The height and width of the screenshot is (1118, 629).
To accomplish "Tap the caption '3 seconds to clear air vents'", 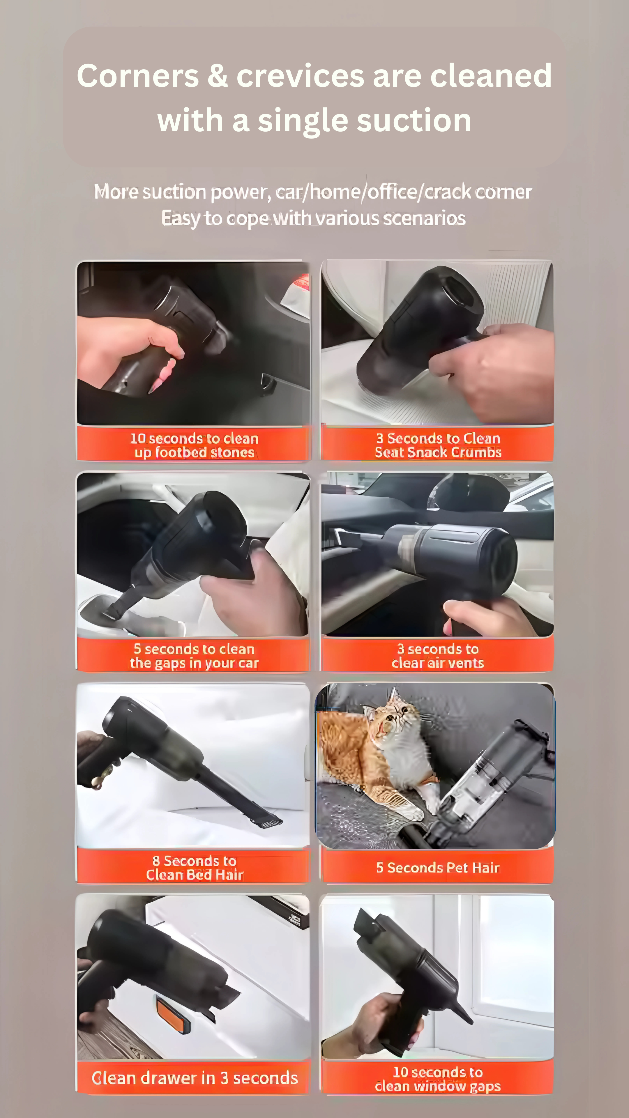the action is (x=438, y=656).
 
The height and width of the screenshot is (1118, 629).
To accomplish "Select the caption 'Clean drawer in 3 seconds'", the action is (x=195, y=1078).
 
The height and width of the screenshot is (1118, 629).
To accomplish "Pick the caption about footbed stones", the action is (x=194, y=445).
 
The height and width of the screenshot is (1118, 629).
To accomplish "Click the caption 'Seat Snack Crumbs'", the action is (x=438, y=452).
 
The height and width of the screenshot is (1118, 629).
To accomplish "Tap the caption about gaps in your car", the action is (x=194, y=656).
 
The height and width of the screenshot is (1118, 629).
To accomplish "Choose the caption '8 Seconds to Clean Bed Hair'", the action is (x=195, y=868).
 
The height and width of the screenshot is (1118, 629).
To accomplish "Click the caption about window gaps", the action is (x=438, y=1079).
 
